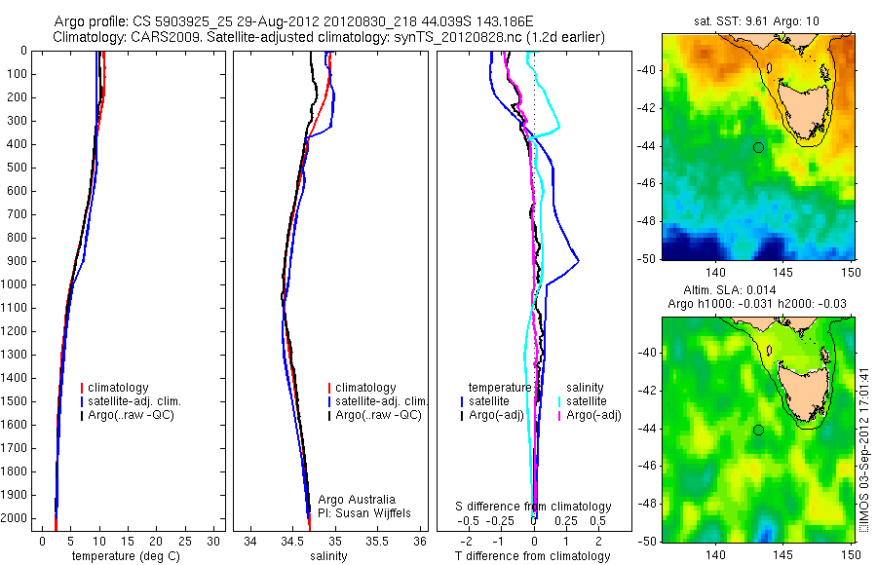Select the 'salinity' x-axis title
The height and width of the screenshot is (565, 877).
[327, 556]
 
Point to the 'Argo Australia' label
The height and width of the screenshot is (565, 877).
[358, 499]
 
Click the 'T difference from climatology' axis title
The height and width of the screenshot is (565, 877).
[533, 556]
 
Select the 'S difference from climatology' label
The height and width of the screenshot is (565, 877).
[534, 507]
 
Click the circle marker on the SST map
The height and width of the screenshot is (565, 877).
[758, 147]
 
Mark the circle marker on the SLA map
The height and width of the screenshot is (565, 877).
[758, 430]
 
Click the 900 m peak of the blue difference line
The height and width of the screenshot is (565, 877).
[579, 261]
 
